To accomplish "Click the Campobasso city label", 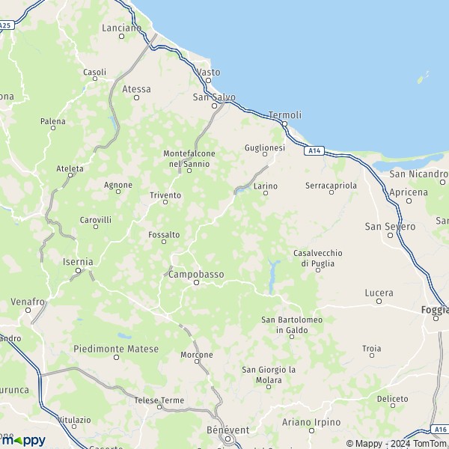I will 196,275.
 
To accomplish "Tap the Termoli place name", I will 284,114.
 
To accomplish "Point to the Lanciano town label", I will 120,28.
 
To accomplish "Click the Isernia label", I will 78,262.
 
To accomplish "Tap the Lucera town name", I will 379,292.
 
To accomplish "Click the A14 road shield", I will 314,150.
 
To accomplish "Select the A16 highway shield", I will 440,430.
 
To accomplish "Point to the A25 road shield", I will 5,25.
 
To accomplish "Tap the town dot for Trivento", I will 165,202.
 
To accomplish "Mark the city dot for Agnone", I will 118,192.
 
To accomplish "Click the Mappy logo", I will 22,440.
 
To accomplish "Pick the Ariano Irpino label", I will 311,423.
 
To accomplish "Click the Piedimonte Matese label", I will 116,349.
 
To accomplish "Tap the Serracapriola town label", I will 332,184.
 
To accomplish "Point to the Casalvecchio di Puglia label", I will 314,257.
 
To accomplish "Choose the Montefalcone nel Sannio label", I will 189,159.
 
